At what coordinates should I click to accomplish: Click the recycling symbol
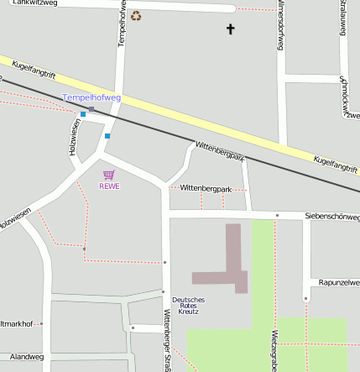[x=136, y=15]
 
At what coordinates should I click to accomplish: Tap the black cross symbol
[x=231, y=29]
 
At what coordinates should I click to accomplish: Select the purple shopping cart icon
[x=108, y=175]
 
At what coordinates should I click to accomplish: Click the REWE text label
[x=109, y=186]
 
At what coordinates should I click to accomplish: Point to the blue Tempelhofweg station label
[x=91, y=97]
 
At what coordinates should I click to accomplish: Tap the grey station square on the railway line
[x=91, y=109]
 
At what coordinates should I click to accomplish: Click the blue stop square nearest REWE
[x=107, y=135]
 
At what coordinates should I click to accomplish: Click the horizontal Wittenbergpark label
[x=206, y=188]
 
